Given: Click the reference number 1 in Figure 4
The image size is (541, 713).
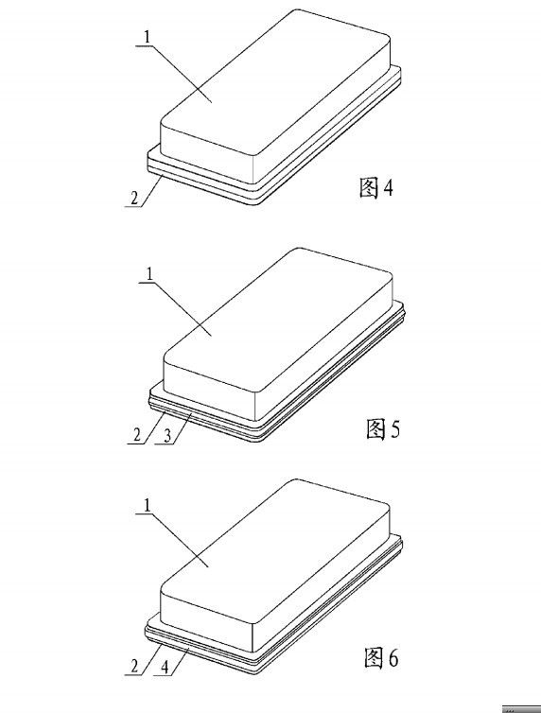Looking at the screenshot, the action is point(147,37).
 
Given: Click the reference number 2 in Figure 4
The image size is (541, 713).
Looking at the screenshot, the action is point(134,199).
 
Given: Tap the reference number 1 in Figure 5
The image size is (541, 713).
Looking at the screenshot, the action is point(149,273).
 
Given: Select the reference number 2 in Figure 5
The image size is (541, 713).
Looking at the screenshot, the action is point(137,435).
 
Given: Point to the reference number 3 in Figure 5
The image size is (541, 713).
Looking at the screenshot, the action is point(167,436).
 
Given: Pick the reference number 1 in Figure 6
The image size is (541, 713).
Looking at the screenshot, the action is point(147,506).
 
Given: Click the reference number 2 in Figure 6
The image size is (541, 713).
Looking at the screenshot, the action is point(134,667).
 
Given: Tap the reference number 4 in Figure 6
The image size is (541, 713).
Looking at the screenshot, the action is point(165,667).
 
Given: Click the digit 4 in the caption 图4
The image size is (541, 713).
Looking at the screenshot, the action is point(388,187).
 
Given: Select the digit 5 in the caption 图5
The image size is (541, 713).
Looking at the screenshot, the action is point(394,428).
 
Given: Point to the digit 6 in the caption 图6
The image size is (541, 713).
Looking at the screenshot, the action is point(393,657).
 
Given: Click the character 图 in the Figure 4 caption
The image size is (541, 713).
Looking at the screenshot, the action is point(368,188).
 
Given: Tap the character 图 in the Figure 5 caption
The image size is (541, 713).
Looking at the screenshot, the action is point(375,428).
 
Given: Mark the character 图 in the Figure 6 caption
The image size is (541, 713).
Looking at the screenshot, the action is point(374,657).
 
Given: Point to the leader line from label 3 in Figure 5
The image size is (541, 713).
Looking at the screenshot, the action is point(181,429).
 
